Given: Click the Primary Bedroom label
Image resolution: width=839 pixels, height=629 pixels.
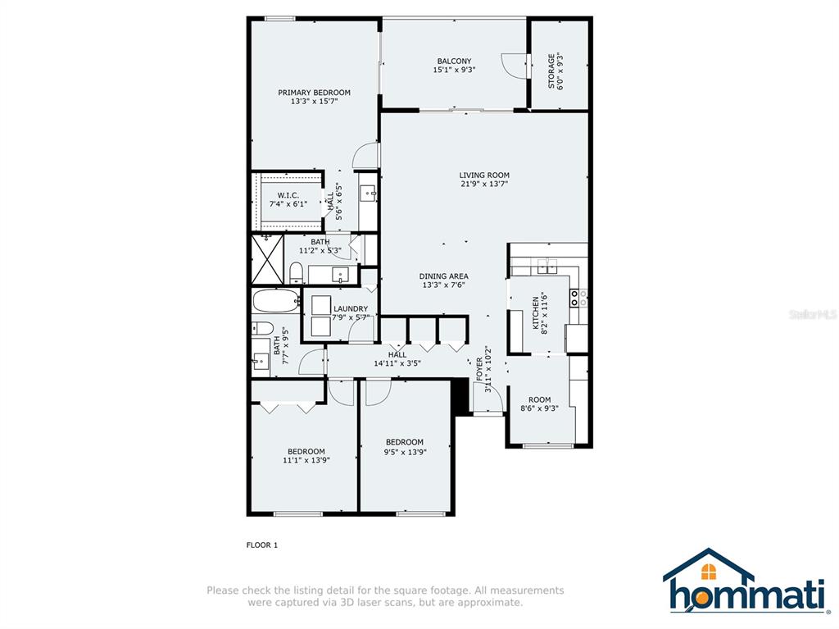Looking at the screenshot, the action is tap(314, 93).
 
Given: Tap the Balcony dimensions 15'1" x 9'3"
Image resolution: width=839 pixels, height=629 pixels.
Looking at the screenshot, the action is tap(454, 70).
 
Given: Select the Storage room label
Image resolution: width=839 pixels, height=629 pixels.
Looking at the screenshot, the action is tap(551, 71).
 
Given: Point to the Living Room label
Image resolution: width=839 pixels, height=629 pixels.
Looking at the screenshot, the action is tap(484, 175).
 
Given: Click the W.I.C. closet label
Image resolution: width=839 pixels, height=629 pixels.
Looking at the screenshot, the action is tap(288, 195).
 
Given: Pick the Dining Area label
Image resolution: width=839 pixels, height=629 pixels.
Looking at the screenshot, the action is tap(443, 276).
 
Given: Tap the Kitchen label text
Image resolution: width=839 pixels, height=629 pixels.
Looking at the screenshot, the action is tap(536, 313).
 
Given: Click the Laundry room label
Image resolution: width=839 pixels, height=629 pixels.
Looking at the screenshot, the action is tap(351, 308).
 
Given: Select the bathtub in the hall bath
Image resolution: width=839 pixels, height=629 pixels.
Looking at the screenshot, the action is tap(275, 301).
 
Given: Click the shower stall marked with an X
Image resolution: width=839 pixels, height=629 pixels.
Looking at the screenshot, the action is tap(267, 259).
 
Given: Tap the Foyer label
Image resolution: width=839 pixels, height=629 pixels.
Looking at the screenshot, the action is tap(479, 370).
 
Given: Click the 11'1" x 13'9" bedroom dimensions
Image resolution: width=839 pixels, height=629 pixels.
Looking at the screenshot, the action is tap(306, 460).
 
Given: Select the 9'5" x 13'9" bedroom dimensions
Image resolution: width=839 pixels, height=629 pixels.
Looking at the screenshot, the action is tap(405, 452).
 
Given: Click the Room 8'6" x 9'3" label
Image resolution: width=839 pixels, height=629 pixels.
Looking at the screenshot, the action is tap(539, 403).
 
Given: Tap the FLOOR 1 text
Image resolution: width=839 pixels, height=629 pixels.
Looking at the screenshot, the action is tap(262, 545).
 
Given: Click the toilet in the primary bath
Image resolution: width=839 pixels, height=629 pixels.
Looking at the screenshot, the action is tap(296, 273).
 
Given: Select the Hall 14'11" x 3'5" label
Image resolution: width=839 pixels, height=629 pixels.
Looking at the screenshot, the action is tap(397, 359).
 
